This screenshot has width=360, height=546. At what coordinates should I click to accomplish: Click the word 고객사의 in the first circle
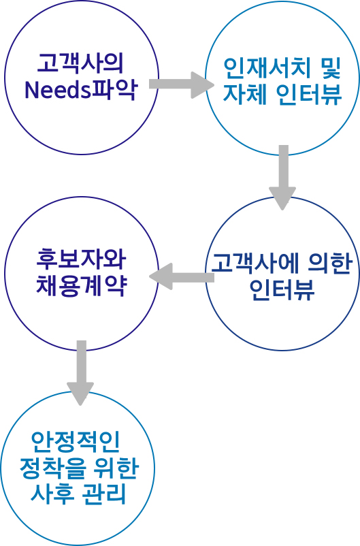tap(80, 63)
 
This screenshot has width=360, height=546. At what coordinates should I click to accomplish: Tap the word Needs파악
tap(80, 90)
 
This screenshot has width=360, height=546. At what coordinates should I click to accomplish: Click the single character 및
tap(329, 67)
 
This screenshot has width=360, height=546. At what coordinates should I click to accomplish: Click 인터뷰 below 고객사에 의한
tap(282, 289)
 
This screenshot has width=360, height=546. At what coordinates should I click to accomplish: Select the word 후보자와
tap(81, 259)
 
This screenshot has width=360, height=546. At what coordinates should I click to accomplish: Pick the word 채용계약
tap(81, 285)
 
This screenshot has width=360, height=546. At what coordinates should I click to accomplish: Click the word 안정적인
tap(76, 442)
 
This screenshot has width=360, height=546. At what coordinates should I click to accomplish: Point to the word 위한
tap(116, 468)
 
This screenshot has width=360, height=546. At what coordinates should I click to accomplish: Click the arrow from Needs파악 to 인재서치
tap(182, 84)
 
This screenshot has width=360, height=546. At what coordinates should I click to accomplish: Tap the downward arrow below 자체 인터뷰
tap(283, 178)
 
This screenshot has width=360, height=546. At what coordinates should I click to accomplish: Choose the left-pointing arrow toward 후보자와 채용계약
tap(182, 277)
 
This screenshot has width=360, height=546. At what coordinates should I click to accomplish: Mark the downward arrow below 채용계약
tap(81, 373)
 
